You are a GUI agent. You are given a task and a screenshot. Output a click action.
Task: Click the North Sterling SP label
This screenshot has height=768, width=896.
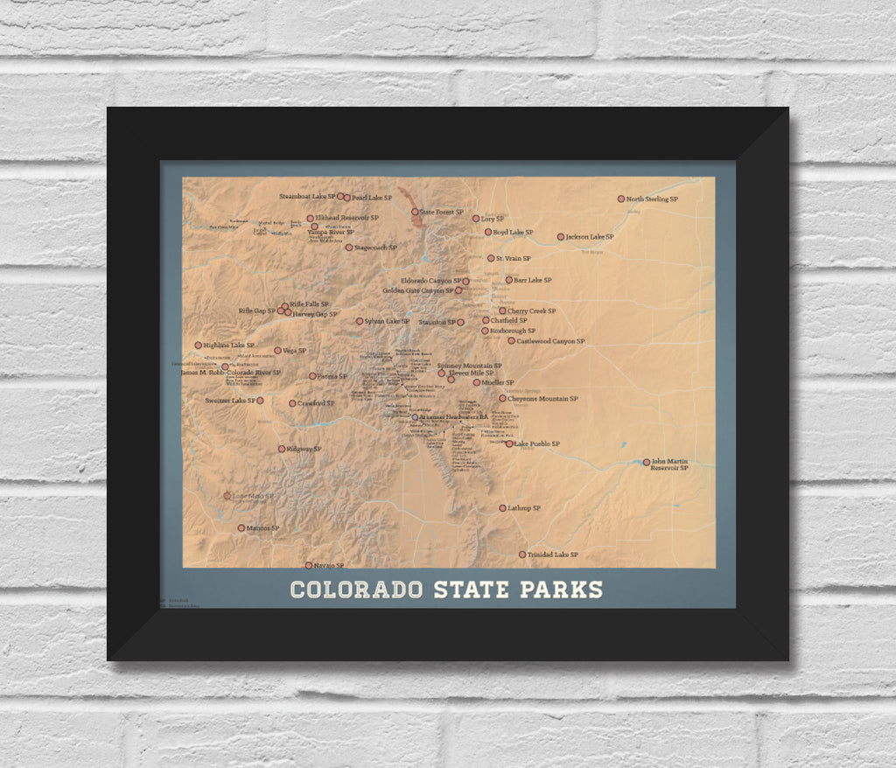coord(652,199)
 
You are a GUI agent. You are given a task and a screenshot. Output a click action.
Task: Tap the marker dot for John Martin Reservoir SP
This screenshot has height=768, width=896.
coord(647,462)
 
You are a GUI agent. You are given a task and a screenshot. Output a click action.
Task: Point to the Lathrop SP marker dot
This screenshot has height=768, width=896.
coord(502,508)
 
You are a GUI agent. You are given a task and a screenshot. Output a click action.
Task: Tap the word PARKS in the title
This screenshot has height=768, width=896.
coord(562,590)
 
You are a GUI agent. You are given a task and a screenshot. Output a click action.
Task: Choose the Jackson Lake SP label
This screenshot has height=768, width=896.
coord(589,237)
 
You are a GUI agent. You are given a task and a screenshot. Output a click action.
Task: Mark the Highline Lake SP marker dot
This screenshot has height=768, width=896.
coord(199,346)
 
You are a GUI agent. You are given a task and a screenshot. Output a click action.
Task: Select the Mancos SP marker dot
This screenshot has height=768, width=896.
coord(241,528)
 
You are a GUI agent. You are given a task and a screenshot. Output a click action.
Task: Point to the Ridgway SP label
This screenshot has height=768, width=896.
coord(304,450)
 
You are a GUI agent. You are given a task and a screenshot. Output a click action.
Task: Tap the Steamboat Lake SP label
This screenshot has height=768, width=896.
coord(307,197)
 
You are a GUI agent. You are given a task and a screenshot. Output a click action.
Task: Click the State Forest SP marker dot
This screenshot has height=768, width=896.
coord(415,212)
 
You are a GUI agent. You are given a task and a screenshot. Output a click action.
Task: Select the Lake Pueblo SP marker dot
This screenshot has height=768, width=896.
coord(509,444)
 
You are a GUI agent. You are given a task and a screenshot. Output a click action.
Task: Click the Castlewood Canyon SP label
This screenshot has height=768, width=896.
coord(550,341)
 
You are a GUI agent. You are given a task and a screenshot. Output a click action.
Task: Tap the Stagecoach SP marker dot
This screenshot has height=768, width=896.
coord(348,248)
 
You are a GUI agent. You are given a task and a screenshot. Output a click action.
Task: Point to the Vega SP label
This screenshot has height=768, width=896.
coord(294,351)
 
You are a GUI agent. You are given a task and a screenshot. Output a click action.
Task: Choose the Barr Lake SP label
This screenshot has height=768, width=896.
coord(533,281)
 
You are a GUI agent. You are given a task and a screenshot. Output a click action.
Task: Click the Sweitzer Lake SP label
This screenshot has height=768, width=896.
coord(229,401)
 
